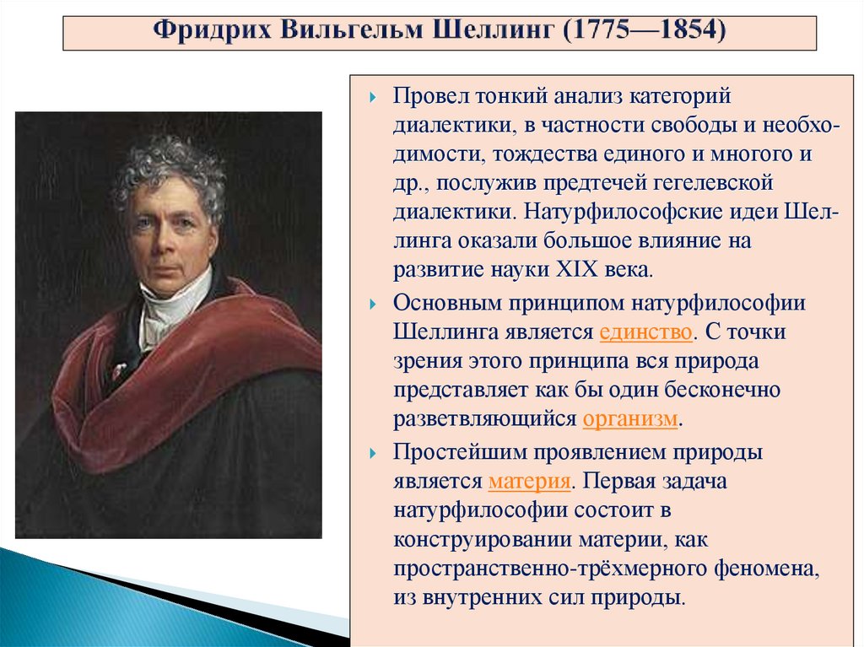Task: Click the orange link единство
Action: (646, 332)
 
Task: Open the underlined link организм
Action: (630, 418)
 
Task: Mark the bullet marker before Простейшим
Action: (373, 453)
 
